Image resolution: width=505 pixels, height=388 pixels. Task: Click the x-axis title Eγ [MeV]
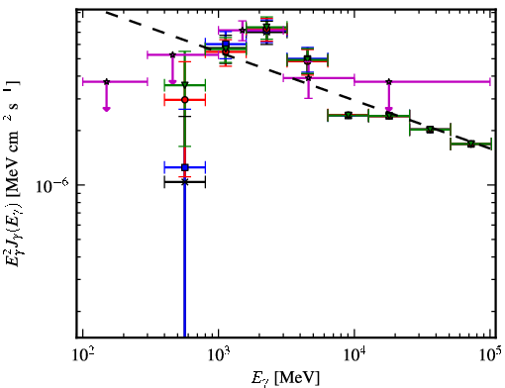[x=285, y=378]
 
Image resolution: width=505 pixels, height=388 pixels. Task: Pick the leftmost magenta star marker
[x=106, y=81]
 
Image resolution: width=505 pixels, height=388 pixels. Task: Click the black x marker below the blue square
[x=185, y=182]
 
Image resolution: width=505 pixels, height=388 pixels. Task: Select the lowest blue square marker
[x=185, y=167]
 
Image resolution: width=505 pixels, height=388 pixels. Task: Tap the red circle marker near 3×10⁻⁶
[x=185, y=100]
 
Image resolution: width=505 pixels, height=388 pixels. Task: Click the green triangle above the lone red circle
[x=185, y=85]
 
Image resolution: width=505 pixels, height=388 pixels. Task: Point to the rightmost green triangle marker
[x=471, y=144]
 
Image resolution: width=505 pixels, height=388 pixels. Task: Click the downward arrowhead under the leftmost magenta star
[x=106, y=109]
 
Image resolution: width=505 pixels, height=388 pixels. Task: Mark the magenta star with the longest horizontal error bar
[x=389, y=81]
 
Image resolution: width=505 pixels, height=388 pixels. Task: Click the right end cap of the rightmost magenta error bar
[x=490, y=81]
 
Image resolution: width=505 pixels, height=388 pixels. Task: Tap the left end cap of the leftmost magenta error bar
[x=82, y=81]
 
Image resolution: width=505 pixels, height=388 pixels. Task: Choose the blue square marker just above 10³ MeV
[x=226, y=44]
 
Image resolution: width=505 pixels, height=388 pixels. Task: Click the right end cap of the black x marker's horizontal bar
[x=205, y=182]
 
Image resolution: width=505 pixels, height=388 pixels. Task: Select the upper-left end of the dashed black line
[x=106, y=13]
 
